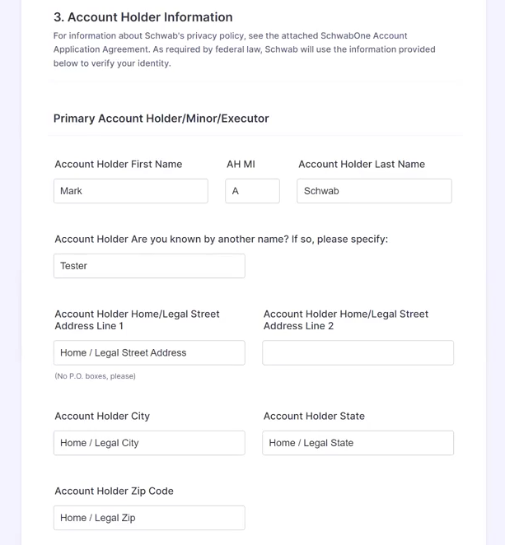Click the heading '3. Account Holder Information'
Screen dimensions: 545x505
point(143,17)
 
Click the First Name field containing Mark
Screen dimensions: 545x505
point(131,191)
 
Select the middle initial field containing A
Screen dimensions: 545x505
point(252,191)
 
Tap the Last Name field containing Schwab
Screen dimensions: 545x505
point(374,191)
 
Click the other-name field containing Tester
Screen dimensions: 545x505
point(149,266)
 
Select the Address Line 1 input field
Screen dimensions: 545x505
point(149,353)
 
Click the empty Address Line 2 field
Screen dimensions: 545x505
point(358,353)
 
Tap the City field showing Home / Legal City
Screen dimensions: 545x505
point(149,443)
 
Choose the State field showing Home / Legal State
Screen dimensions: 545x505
point(358,443)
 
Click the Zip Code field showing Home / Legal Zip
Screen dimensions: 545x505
point(149,518)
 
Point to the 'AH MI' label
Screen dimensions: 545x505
point(241,165)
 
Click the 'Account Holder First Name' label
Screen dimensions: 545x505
point(119,165)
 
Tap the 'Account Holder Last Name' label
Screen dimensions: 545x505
point(362,165)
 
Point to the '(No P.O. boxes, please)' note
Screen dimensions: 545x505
point(95,376)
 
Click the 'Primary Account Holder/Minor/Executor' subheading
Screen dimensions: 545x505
point(161,119)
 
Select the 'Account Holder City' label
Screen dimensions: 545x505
point(102,417)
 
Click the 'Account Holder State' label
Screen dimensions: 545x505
point(314,417)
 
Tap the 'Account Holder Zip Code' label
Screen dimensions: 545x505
point(114,491)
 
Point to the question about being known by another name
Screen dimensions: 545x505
point(221,240)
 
